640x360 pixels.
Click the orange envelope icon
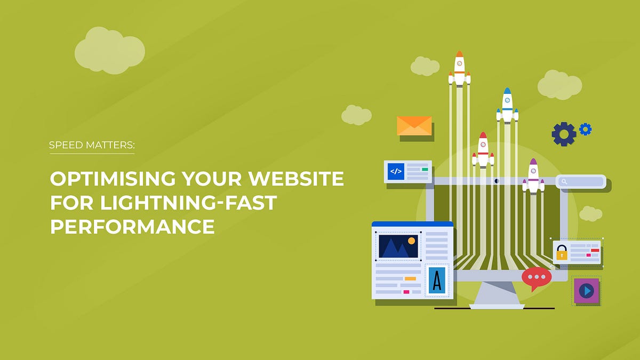click(x=414, y=125)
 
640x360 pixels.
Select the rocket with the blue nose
click(x=507, y=106)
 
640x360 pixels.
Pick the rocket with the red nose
click(x=483, y=149)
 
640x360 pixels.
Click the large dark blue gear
click(x=564, y=134)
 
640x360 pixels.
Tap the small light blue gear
click(x=586, y=129)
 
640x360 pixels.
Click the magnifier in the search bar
click(x=564, y=182)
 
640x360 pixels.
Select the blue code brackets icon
click(x=396, y=171)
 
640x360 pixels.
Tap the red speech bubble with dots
click(x=536, y=278)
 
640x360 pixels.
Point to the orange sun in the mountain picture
click(x=411, y=241)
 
